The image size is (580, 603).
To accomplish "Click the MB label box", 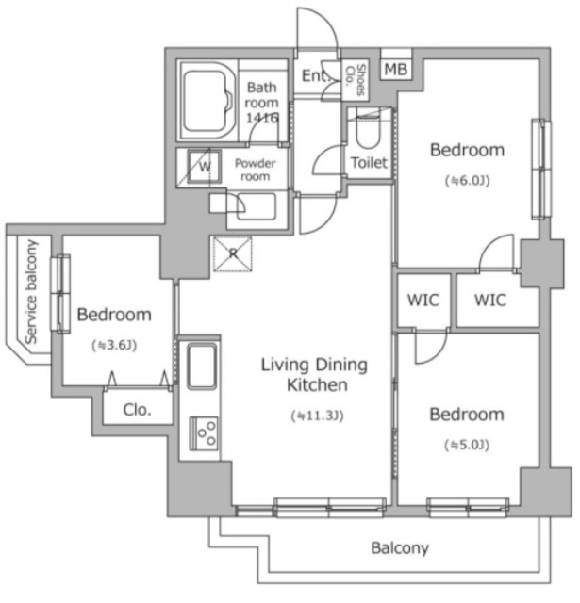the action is (396, 69).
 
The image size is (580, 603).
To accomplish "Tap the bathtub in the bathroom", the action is (207, 101).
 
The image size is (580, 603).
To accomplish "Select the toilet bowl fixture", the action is (368, 129).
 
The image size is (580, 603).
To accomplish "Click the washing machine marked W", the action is (205, 167).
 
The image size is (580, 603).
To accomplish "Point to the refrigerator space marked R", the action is (233, 253).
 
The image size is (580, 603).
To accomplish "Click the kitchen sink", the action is (201, 367).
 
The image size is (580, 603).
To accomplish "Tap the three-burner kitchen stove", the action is (204, 433).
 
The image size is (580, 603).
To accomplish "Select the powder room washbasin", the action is (256, 206).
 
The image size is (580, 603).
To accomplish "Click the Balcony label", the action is (400, 547).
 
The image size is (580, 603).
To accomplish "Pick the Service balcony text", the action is (31, 292).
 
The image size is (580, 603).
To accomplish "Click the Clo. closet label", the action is (138, 410).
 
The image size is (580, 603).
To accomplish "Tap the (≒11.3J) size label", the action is (317, 416).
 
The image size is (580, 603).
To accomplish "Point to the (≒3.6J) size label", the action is (114, 345).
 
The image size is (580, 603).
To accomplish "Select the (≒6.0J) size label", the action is (467, 180).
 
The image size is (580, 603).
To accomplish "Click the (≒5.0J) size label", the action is (467, 445).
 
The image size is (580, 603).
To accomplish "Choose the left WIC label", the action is (423, 300).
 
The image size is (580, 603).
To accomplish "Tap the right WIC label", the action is (490, 300).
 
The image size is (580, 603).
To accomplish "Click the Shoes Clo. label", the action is (356, 79).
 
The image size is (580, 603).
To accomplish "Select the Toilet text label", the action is (369, 163).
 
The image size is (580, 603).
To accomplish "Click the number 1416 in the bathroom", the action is (262, 118).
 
